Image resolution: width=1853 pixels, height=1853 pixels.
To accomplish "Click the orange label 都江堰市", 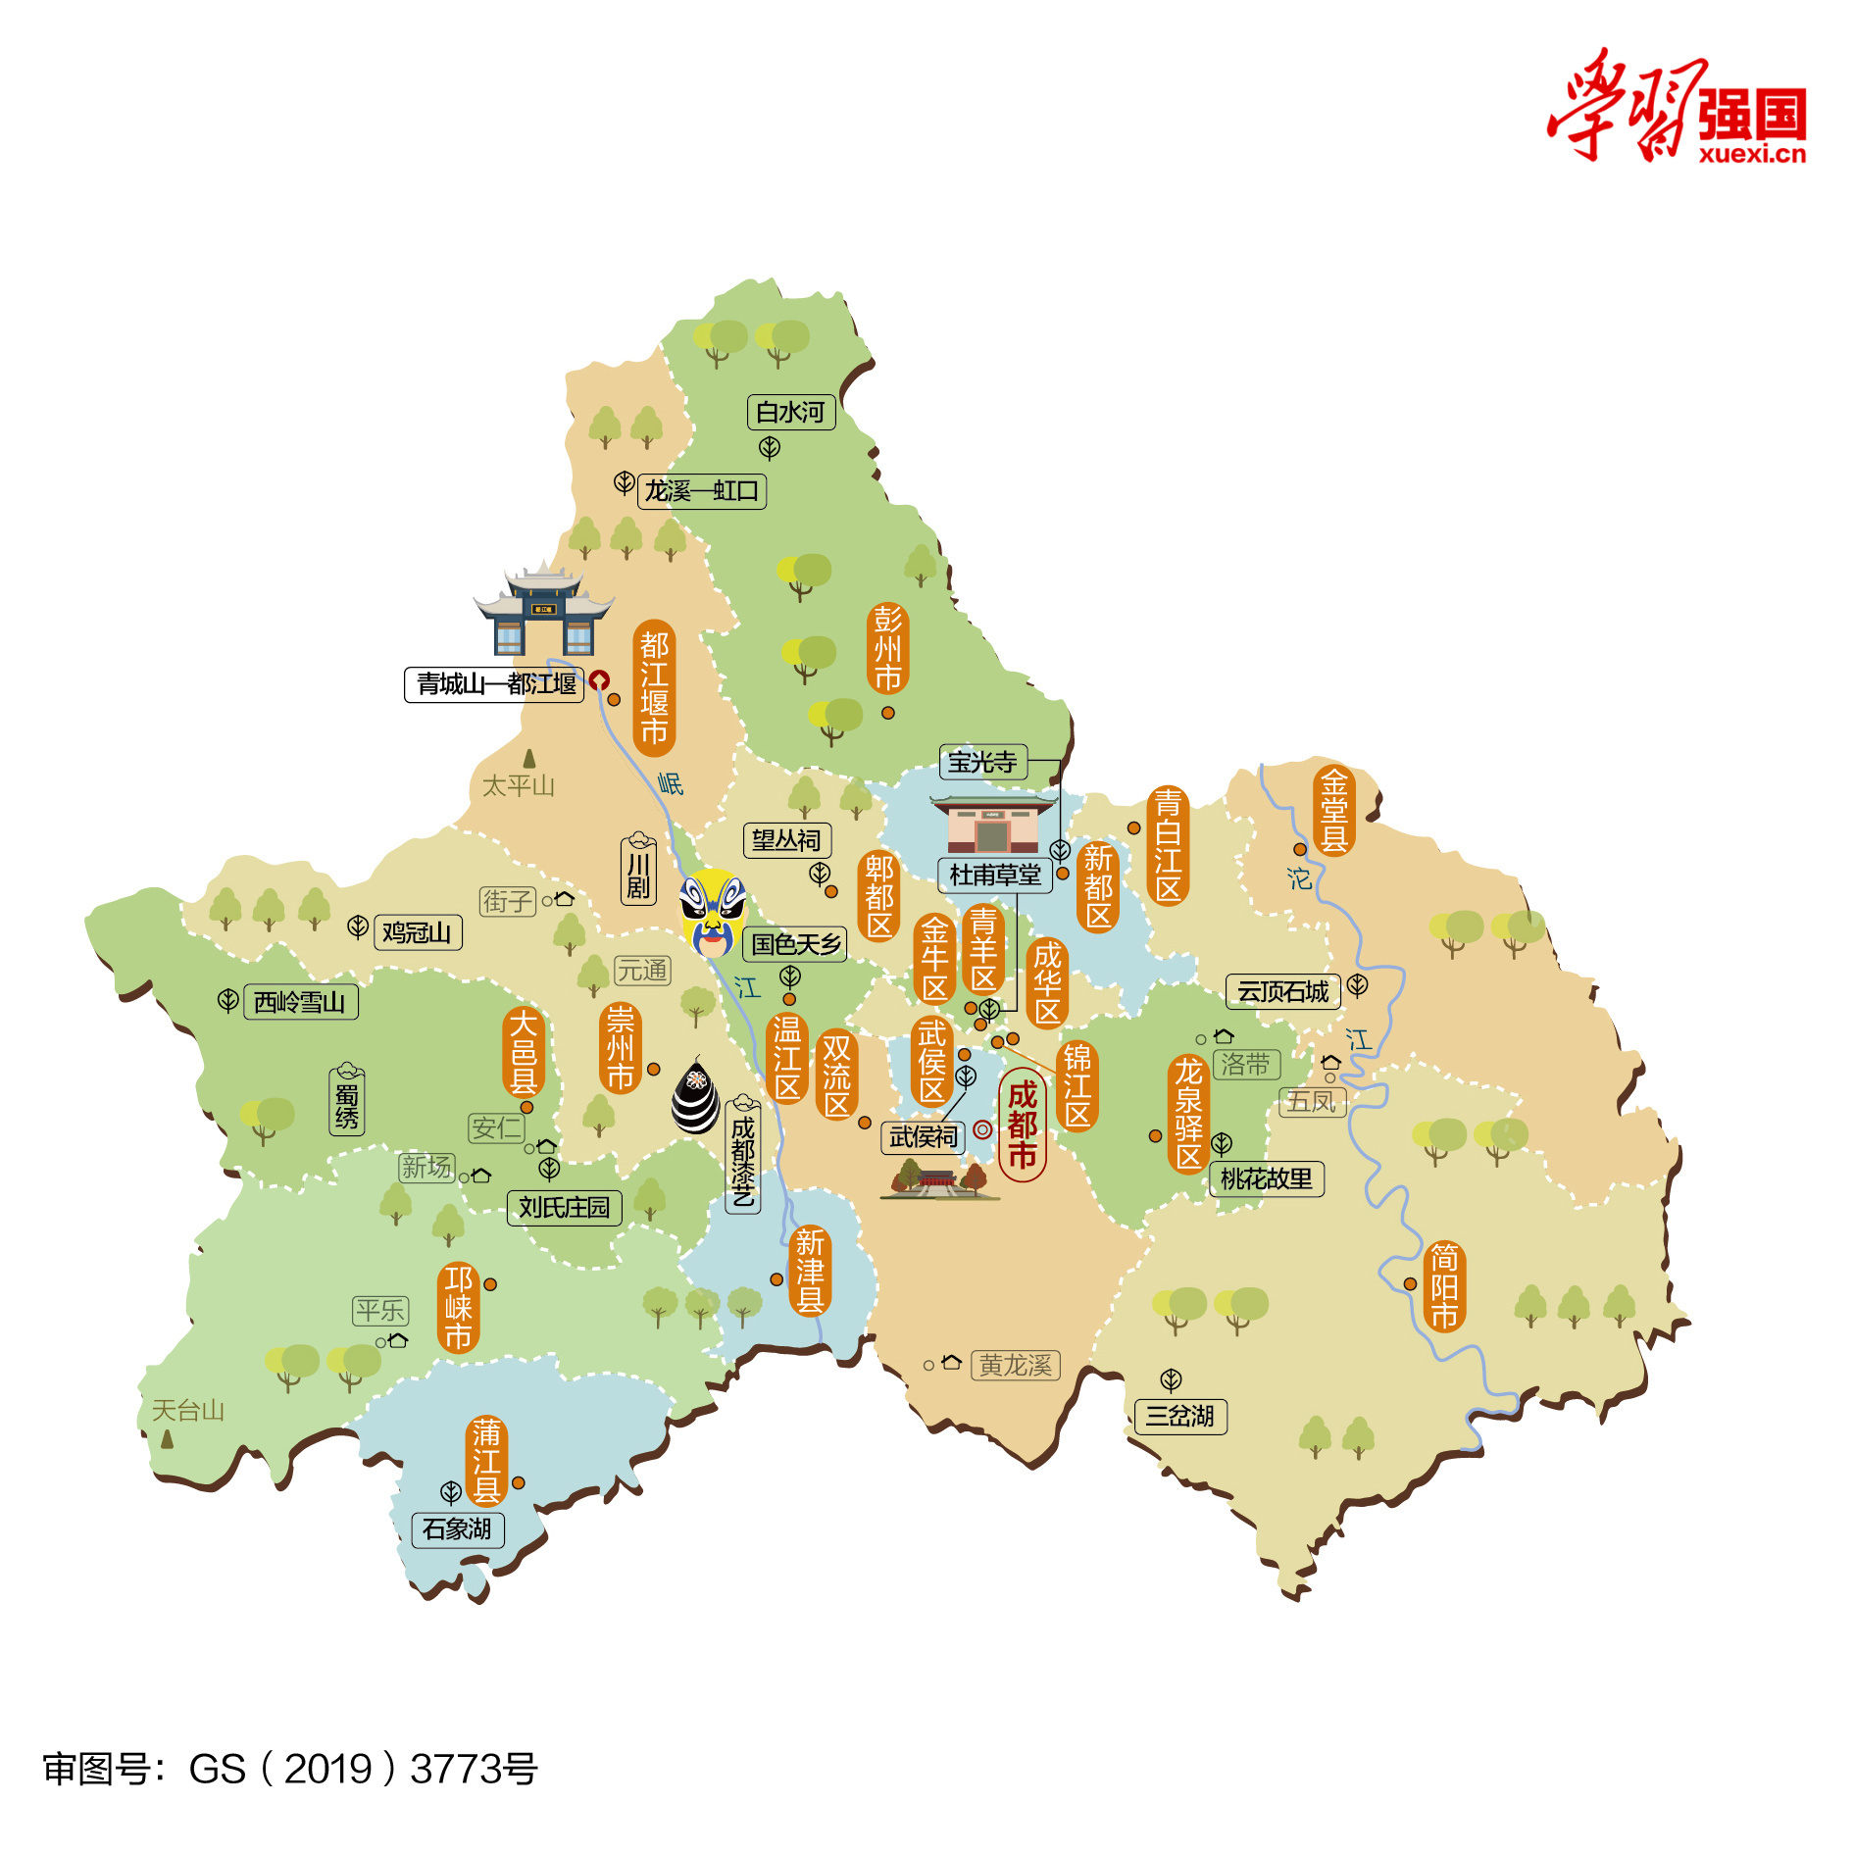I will pyautogui.click(x=654, y=687).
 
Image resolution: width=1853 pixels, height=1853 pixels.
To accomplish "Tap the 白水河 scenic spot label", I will pyautogui.click(x=790, y=412).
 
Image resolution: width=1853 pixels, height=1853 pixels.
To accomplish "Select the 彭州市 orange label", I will pyautogui.click(x=887, y=649).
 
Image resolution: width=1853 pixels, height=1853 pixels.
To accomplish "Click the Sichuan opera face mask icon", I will pyautogui.click(x=713, y=913).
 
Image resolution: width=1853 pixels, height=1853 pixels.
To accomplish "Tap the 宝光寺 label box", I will pyautogui.click(x=982, y=762).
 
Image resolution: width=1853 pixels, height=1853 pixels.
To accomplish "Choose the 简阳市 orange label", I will pyautogui.click(x=1444, y=1285).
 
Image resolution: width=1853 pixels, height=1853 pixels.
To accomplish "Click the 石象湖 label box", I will pyautogui.click(x=457, y=1528).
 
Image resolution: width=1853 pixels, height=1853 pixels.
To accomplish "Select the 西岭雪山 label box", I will pyautogui.click(x=300, y=1002).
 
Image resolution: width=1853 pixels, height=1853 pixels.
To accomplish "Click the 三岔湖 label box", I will pyautogui.click(x=1179, y=1416).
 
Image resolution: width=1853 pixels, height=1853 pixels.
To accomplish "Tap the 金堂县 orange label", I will pyautogui.click(x=1333, y=810).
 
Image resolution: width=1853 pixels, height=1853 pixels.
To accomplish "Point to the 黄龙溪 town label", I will pyautogui.click(x=1015, y=1365).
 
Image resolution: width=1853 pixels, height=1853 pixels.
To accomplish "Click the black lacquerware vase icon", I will pyautogui.click(x=695, y=1096).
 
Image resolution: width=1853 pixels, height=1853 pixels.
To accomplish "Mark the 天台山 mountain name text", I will pyautogui.click(x=188, y=1410).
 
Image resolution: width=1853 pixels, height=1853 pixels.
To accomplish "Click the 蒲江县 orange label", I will pyautogui.click(x=486, y=1461).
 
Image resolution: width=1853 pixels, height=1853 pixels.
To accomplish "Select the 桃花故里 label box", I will pyautogui.click(x=1266, y=1178).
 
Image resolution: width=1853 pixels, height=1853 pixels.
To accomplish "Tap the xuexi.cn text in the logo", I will pyautogui.click(x=1751, y=154).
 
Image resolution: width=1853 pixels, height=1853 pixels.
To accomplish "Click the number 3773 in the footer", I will pyautogui.click(x=452, y=1770).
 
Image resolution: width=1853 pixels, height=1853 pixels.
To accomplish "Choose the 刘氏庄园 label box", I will pyautogui.click(x=564, y=1207).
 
